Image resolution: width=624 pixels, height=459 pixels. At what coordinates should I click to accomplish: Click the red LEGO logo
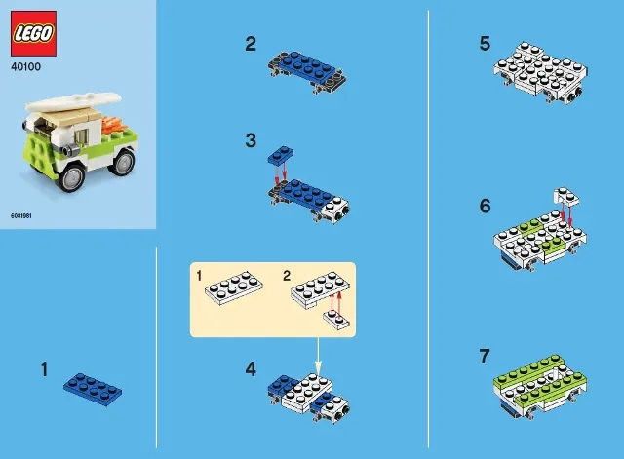[x=33, y=34]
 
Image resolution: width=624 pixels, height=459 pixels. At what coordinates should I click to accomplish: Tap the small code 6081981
[x=21, y=214]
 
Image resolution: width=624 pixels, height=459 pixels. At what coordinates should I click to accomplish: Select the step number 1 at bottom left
[x=44, y=369]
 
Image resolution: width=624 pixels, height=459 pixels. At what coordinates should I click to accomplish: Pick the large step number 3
[x=251, y=140]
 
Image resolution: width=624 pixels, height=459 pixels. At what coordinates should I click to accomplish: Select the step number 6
[x=485, y=207]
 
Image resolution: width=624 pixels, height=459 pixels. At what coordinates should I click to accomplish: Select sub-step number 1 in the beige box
[x=199, y=277]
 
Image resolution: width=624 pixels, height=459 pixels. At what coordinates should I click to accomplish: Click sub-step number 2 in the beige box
[x=287, y=277]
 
